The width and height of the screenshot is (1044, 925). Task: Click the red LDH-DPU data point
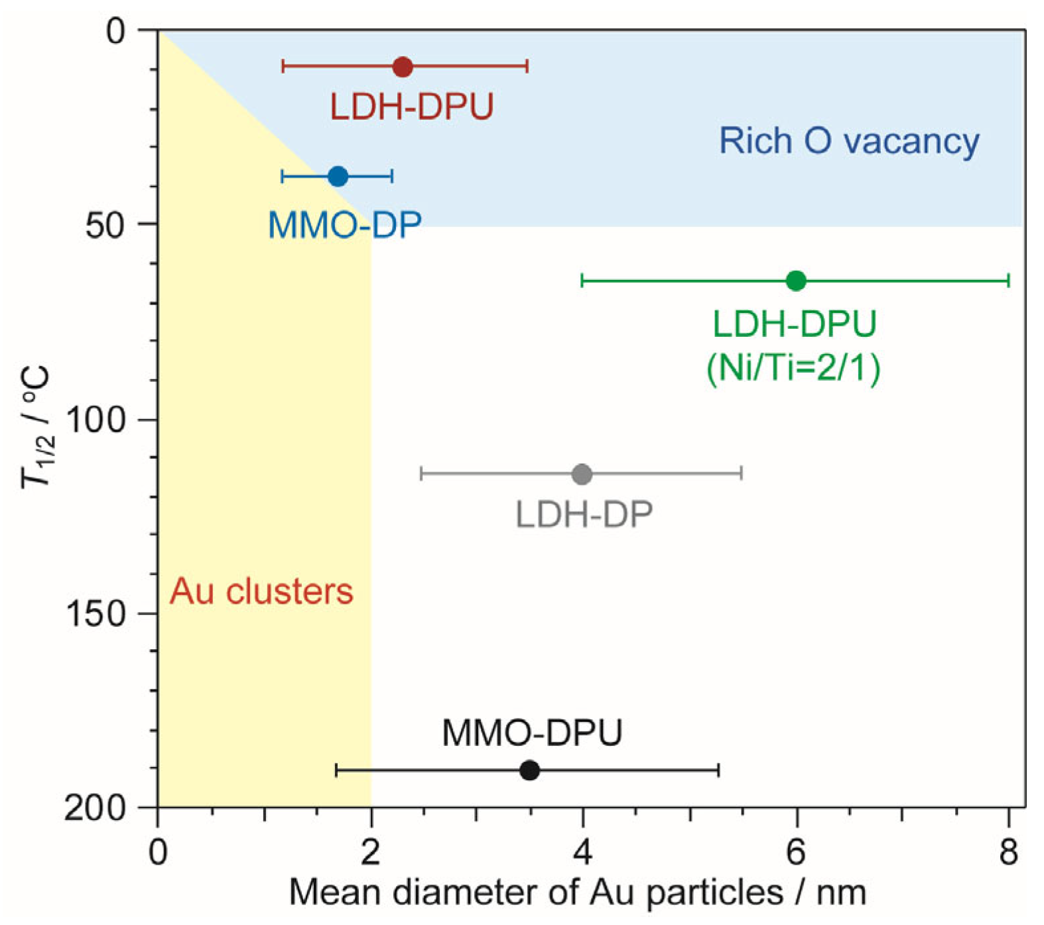(403, 67)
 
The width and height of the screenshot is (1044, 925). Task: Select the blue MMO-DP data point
(338, 176)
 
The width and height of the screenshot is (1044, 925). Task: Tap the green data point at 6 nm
(796, 281)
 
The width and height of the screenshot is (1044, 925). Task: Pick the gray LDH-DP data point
(582, 474)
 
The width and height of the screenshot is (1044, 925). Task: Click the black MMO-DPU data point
(529, 771)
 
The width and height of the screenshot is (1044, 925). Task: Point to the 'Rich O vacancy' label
(849, 142)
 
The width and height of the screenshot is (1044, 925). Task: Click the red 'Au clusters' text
(261, 591)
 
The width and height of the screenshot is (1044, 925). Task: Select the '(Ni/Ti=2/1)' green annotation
(794, 367)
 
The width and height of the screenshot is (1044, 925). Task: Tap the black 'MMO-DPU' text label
(532, 733)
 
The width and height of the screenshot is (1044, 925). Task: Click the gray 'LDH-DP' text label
(584, 515)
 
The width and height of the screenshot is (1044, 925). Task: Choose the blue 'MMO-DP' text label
(345, 225)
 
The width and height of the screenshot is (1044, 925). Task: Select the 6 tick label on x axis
(795, 852)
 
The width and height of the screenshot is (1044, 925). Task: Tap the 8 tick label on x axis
(1008, 852)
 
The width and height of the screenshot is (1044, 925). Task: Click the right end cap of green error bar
(1008, 281)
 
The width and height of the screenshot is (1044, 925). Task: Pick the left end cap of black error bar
(337, 771)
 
